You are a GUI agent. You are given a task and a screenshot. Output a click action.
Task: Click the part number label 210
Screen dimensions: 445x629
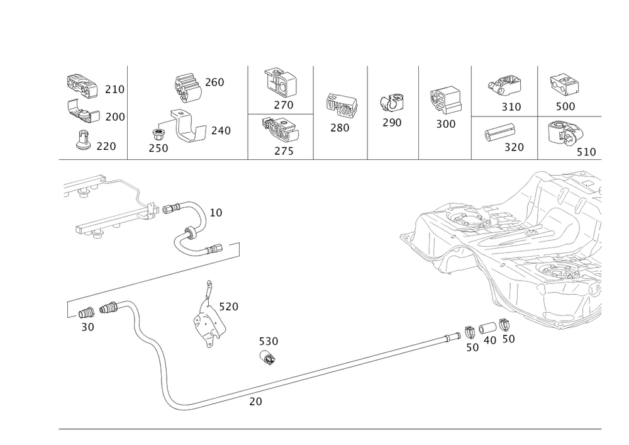coord(114,90)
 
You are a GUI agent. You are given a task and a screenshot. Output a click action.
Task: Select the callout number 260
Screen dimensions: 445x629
coord(215,82)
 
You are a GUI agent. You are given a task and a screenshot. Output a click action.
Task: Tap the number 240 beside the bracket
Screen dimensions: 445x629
coord(221,131)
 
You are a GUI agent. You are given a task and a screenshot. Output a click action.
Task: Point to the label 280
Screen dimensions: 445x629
coord(340,127)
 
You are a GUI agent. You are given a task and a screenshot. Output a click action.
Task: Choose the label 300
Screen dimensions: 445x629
coord(445,123)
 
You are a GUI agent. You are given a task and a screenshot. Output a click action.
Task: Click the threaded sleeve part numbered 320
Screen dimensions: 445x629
coord(499,133)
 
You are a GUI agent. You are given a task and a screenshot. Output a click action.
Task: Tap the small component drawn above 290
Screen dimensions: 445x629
coord(392,103)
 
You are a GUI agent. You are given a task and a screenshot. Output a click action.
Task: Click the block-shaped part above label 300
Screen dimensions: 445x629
coord(445,100)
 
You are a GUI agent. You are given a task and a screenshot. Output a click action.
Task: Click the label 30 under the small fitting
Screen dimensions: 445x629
coord(87,327)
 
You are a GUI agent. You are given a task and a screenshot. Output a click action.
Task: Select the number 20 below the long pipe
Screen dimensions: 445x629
coord(255,401)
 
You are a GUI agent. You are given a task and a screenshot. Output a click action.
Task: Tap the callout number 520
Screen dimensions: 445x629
coord(228,307)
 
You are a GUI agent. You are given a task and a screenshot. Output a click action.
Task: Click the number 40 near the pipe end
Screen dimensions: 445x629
coord(489,339)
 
